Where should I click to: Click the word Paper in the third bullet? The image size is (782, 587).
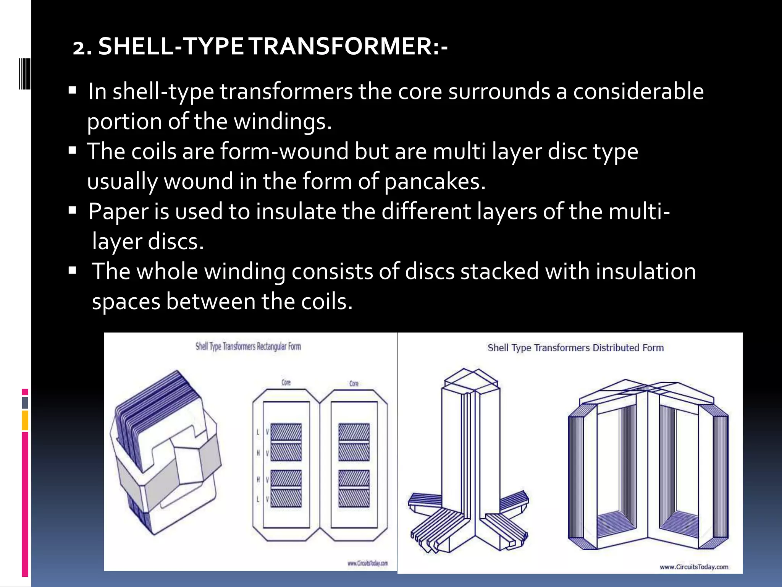(118, 211)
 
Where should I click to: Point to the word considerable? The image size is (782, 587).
(638, 92)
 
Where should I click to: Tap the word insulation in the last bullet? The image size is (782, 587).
(646, 271)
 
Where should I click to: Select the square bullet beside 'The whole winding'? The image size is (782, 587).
(72, 271)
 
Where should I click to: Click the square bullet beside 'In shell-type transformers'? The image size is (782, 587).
(72, 91)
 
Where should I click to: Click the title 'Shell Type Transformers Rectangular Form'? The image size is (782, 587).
(248, 347)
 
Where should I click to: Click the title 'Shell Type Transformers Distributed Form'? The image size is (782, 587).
(575, 348)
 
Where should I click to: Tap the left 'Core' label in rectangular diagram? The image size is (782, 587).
(286, 382)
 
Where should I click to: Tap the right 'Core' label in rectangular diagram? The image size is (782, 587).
(354, 383)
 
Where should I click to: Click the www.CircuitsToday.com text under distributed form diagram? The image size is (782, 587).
(694, 567)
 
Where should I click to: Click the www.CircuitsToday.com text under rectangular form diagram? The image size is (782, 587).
(367, 563)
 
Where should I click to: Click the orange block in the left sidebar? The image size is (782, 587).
(25, 420)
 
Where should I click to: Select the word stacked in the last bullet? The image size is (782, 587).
(499, 271)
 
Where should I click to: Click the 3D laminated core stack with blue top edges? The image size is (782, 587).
(160, 439)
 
